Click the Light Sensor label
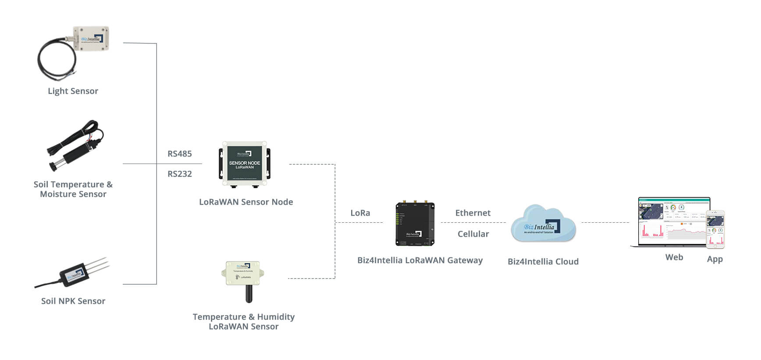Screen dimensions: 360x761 tap(73, 91)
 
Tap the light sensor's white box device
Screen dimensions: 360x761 tap(91, 39)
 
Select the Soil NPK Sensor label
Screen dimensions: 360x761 tap(73, 301)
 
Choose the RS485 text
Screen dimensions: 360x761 tap(180, 154)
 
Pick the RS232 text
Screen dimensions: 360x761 tap(180, 174)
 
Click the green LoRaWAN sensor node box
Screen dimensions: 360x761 tap(245, 164)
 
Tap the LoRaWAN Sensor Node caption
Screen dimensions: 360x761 tap(246, 202)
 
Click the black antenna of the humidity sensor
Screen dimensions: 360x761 tap(249, 294)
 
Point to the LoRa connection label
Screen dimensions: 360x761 tap(360, 213)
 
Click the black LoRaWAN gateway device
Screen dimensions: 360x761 tap(415, 224)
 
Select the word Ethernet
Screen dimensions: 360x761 tap(473, 213)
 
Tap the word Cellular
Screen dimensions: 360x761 tap(473, 234)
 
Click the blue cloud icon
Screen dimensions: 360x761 tap(543, 224)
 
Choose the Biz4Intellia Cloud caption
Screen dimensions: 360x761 tap(543, 262)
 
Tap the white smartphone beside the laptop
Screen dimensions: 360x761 tap(715, 229)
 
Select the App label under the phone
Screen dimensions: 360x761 tap(715, 259)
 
